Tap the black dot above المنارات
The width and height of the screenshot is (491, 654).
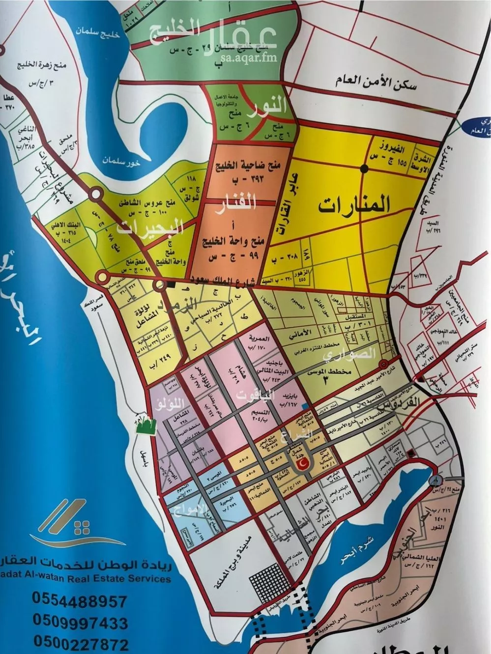(x=364, y=169)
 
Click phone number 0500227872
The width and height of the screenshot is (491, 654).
(x=80, y=643)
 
